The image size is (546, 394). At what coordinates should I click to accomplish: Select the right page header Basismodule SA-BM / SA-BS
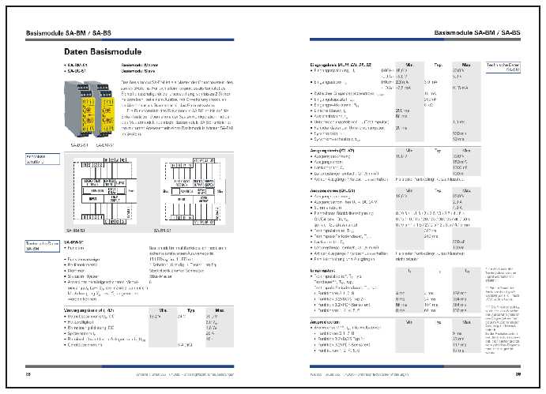coord(475,32)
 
